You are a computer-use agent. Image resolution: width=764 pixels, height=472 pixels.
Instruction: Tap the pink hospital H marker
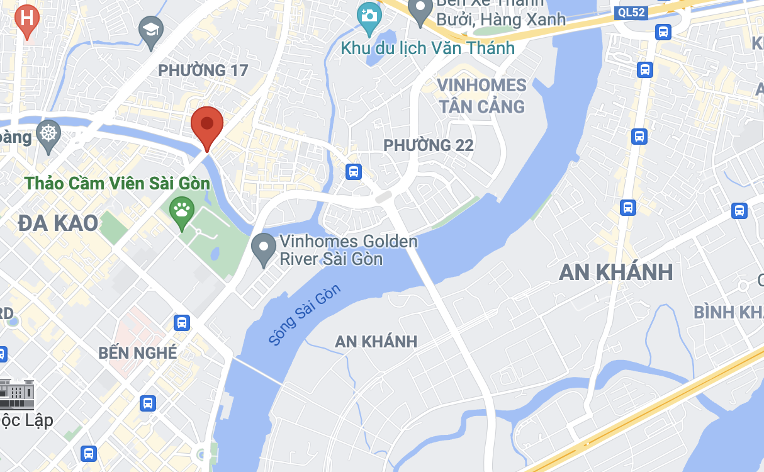click(27, 19)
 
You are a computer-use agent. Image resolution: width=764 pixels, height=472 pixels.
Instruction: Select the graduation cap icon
click(150, 31)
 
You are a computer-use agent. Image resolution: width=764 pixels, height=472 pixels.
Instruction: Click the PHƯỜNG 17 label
click(203, 70)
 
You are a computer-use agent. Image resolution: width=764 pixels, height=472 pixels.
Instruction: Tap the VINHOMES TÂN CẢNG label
click(482, 96)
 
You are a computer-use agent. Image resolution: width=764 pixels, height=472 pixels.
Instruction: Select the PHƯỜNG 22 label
click(429, 145)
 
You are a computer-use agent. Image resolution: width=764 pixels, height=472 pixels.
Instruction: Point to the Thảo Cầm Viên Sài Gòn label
click(117, 184)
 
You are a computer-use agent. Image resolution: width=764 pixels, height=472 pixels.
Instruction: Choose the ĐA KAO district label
click(58, 223)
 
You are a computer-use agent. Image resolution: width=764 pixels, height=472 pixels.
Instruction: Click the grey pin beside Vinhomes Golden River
click(263, 247)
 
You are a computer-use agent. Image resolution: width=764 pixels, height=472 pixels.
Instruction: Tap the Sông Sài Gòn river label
click(304, 314)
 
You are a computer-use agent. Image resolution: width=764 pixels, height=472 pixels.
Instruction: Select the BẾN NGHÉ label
click(138, 353)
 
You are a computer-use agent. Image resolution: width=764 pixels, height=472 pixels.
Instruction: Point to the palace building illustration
click(18, 394)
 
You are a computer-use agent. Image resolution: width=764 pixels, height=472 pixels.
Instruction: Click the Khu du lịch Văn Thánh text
click(428, 48)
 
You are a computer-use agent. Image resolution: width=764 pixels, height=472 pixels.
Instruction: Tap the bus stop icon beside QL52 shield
click(663, 31)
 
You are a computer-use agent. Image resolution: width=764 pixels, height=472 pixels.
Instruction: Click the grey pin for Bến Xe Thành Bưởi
click(420, 10)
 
